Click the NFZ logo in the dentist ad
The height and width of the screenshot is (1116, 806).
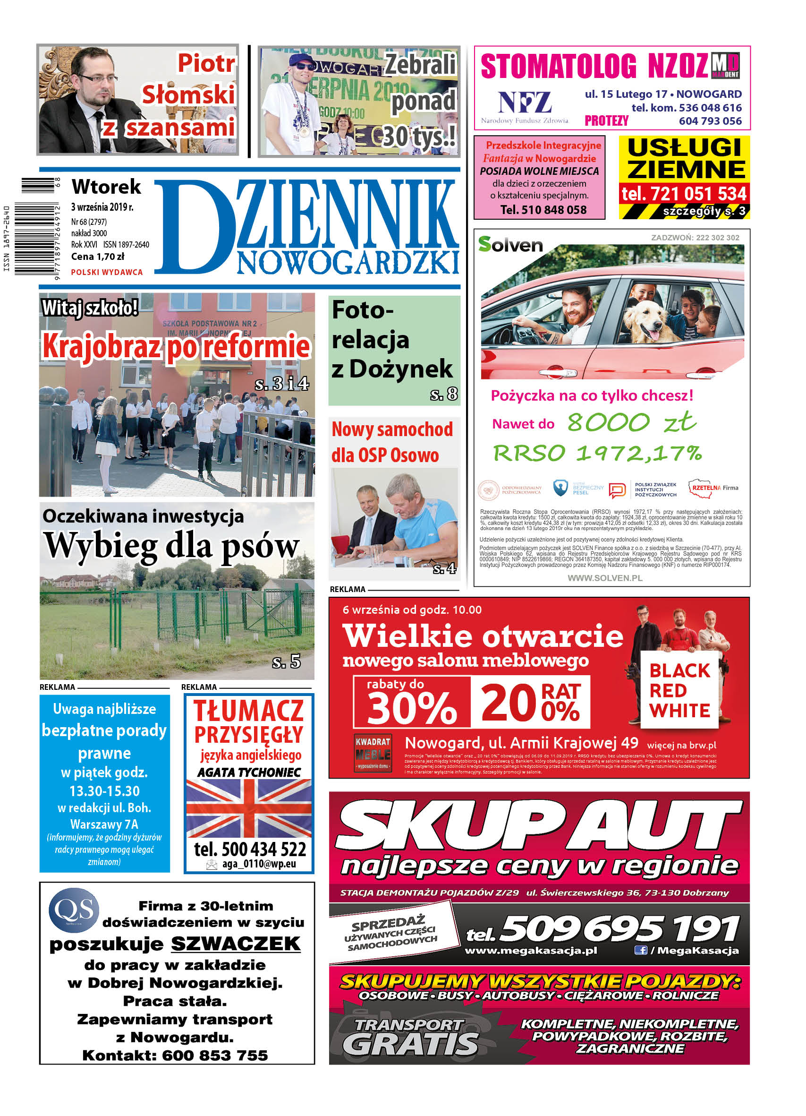click(525, 103)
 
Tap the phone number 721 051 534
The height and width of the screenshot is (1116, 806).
click(684, 194)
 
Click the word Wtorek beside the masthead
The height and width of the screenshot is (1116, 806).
click(106, 187)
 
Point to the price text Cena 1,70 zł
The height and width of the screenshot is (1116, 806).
click(97, 257)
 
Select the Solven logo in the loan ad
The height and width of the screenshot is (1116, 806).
click(510, 245)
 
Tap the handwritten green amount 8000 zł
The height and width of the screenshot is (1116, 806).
click(631, 422)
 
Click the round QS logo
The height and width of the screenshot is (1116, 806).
click(74, 910)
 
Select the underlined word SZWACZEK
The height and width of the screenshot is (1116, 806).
click(236, 944)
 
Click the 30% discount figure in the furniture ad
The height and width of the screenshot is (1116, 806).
click(412, 707)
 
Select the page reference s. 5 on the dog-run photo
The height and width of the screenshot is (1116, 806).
click(286, 662)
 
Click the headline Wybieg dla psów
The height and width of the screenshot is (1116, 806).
click(171, 546)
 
